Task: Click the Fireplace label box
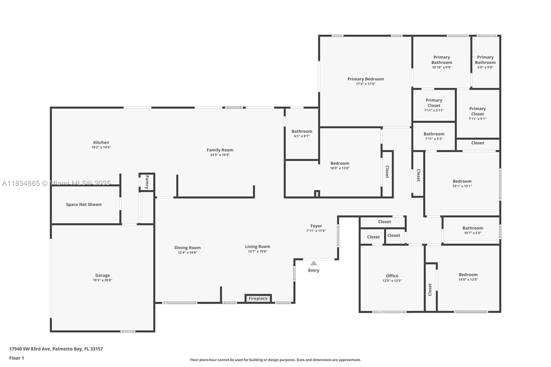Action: [x=258, y=298]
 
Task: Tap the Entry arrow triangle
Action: [x=313, y=263]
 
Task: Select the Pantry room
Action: [x=147, y=182]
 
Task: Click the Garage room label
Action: [x=103, y=275]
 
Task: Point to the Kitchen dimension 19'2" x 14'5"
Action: [x=101, y=147]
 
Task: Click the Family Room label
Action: [x=220, y=150]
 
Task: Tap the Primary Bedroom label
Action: [x=365, y=79]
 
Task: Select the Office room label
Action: [x=392, y=276]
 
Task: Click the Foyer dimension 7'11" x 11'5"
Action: [x=316, y=231]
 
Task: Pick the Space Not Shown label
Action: [x=84, y=205]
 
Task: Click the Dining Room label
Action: [x=187, y=248]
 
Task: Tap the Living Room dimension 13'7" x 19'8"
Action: [x=258, y=251]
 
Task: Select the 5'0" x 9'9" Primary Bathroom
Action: [x=486, y=62]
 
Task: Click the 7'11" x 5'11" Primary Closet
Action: [x=434, y=105]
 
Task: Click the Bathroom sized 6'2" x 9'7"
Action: [x=302, y=134]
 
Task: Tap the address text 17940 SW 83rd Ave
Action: [x=30, y=349]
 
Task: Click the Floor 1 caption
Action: [x=17, y=358]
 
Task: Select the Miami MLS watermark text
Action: [x=56, y=183]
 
